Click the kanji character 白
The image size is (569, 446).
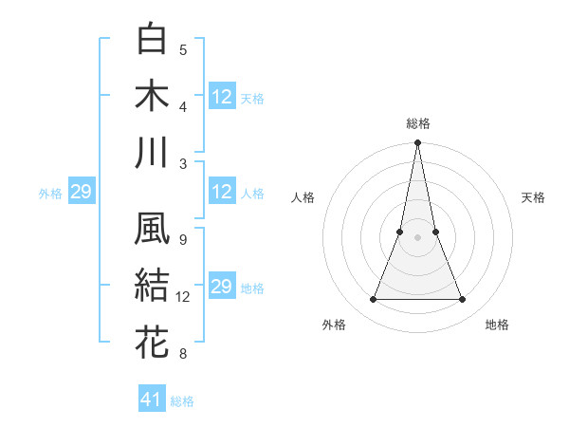click(x=153, y=40)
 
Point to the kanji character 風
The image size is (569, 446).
click(x=153, y=229)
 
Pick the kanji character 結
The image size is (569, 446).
click(x=153, y=286)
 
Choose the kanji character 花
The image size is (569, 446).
click(x=153, y=342)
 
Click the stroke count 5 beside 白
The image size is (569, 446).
click(x=183, y=50)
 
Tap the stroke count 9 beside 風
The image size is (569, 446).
click(x=183, y=239)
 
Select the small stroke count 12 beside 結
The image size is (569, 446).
click(x=184, y=297)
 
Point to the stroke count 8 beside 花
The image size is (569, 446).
click(x=183, y=354)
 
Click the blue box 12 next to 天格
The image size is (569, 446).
click(x=222, y=97)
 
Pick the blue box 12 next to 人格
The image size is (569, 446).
click(x=222, y=193)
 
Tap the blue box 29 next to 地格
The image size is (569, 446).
click(x=222, y=287)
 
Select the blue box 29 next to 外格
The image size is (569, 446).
click(x=81, y=193)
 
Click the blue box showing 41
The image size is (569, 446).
click(x=152, y=400)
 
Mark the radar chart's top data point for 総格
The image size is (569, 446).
click(x=417, y=144)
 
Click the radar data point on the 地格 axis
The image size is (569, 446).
click(x=462, y=300)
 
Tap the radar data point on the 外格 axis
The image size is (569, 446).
click(x=373, y=300)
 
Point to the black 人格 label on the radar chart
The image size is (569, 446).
click(x=303, y=197)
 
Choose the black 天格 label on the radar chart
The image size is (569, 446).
click(x=533, y=197)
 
